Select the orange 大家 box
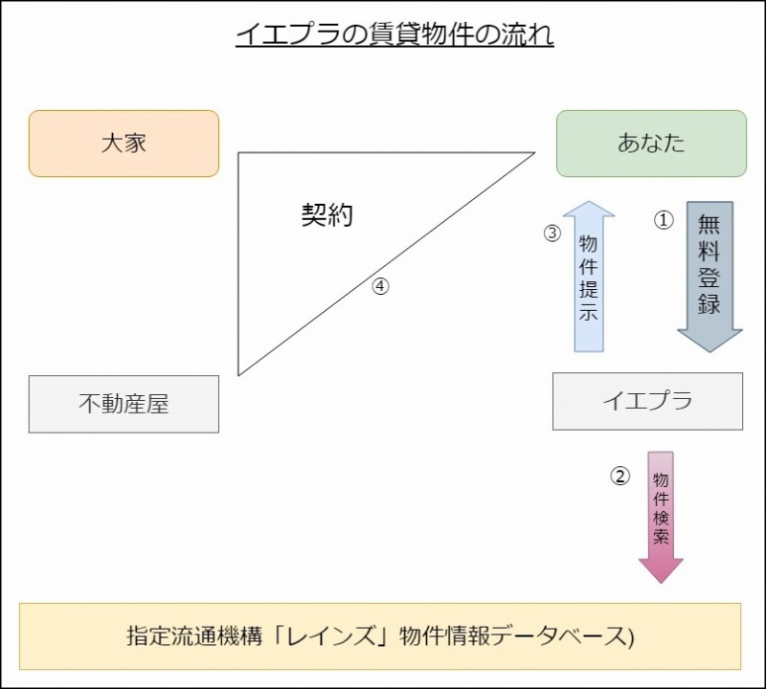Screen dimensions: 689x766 tap(124, 144)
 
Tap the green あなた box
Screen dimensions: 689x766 tap(651, 144)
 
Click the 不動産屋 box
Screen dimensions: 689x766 tap(124, 404)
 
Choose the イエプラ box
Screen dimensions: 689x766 tap(647, 401)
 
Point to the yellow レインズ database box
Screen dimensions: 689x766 tap(380, 635)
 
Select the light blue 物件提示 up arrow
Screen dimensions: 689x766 tap(589, 277)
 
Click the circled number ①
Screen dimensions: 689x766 tap(664, 219)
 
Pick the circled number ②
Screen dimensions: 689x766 tap(620, 476)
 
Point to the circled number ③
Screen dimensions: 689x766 tap(552, 233)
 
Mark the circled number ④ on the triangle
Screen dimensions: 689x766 tap(380, 285)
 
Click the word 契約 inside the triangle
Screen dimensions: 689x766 tap(327, 215)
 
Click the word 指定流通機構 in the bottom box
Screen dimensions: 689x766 tap(183, 635)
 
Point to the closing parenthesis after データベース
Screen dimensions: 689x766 tap(631, 636)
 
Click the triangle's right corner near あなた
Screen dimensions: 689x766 tap(532, 153)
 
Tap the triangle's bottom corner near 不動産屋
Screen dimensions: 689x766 tap(239, 374)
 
